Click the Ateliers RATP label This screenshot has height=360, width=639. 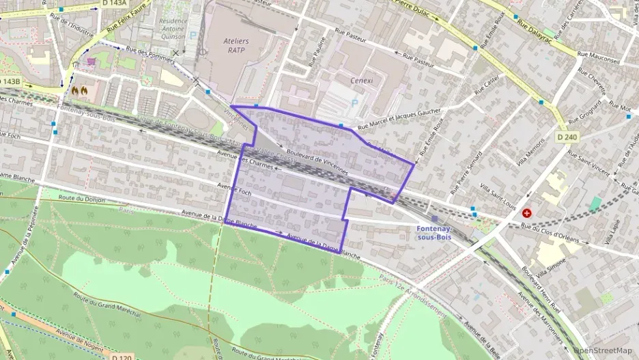tap(236, 45)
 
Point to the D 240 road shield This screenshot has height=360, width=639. tap(567, 137)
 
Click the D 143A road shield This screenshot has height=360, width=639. tap(114, 3)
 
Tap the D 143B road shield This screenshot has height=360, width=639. tap(10, 82)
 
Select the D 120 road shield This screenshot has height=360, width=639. tap(122, 357)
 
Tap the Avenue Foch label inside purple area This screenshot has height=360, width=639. tap(235, 193)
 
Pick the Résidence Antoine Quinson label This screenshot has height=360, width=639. tap(173, 29)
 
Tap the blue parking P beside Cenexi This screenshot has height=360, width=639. tap(354, 103)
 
